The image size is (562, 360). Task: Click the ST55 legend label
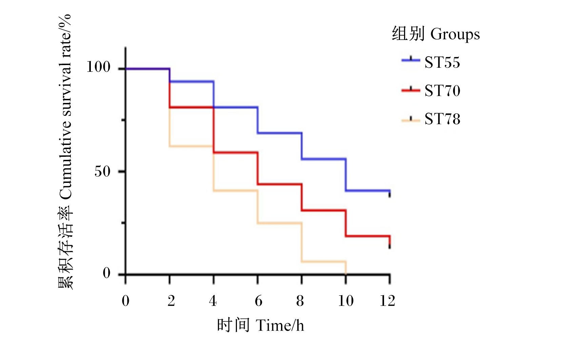[442, 62]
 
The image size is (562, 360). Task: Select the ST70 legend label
[442, 90]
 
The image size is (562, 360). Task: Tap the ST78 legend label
[442, 119]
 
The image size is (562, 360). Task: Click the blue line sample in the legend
[411, 60]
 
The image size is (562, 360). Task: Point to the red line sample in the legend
[411, 90]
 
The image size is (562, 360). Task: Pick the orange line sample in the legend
[411, 120]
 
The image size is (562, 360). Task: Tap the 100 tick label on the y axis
[98, 67]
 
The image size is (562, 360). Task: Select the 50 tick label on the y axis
[102, 172]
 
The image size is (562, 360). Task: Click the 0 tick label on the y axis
[107, 273]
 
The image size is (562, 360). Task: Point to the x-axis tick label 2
[171, 301]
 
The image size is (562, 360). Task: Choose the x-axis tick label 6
[258, 301]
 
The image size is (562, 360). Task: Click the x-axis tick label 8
[300, 301]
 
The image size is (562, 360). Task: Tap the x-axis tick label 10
[346, 301]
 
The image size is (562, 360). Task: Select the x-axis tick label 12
[388, 301]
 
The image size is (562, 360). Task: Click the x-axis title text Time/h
[280, 326]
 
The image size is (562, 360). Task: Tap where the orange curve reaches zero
[346, 274]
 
